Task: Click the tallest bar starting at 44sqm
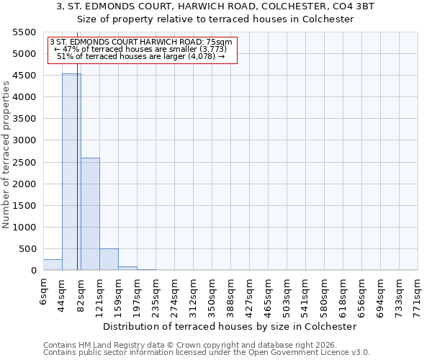(x=71, y=173)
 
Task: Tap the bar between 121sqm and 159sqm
(x=109, y=259)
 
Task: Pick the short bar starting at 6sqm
(x=53, y=265)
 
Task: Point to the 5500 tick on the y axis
(x=24, y=32)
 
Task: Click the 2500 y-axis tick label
(x=24, y=163)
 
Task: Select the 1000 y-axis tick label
(x=24, y=228)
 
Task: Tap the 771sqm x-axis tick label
(x=418, y=294)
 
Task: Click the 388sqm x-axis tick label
(x=230, y=294)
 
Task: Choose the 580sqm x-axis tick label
(x=324, y=294)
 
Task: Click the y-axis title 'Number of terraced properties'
(x=6, y=155)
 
